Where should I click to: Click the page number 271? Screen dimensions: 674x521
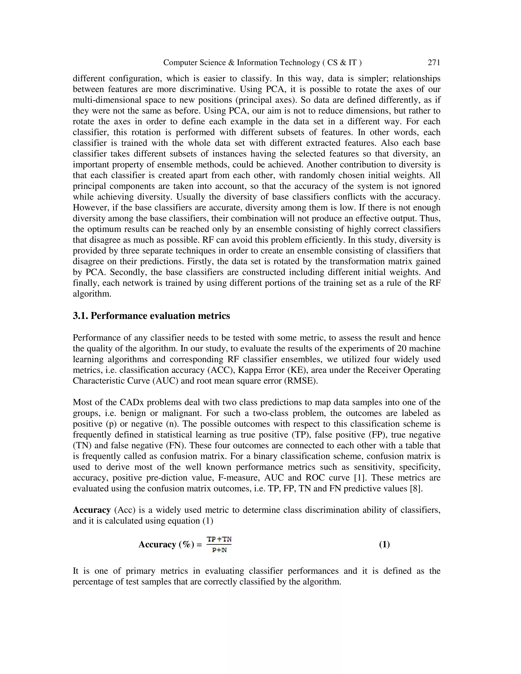click(434, 63)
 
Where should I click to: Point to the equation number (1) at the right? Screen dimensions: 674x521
click(384, 544)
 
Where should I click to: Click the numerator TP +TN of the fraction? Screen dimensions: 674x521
click(219, 539)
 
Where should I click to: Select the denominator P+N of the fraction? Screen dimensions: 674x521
click(220, 550)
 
